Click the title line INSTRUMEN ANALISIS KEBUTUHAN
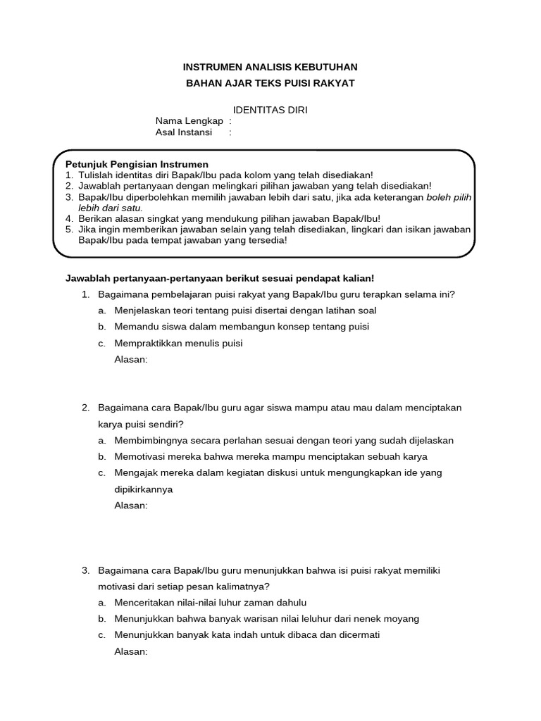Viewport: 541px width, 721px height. click(270, 67)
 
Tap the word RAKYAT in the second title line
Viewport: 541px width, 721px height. click(332, 83)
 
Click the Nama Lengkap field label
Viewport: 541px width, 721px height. click(185, 121)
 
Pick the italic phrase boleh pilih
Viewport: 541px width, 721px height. click(449, 197)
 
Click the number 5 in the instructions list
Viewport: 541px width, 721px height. click(68, 230)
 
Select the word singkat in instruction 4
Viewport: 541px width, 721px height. click(154, 218)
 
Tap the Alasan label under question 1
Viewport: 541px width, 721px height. click(130, 359)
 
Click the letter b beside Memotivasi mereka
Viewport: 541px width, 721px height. click(101, 456)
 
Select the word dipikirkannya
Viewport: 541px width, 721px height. click(143, 489)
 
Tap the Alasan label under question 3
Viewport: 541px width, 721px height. click(130, 651)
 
